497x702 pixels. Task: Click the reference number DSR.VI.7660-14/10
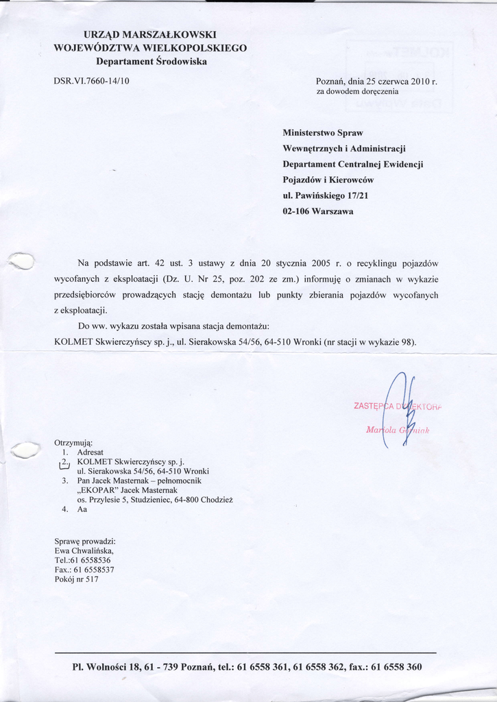pos(91,81)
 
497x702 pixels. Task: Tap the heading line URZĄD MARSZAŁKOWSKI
pos(150,34)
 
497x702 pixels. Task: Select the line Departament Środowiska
pos(151,61)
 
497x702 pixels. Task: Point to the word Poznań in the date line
pos(330,81)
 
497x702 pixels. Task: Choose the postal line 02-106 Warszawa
pos(318,212)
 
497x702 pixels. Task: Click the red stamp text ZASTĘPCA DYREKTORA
pos(397,407)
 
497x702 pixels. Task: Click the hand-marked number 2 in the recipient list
pos(64,463)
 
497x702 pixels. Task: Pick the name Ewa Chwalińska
pos(84,550)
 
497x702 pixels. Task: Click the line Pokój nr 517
pos(76,579)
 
